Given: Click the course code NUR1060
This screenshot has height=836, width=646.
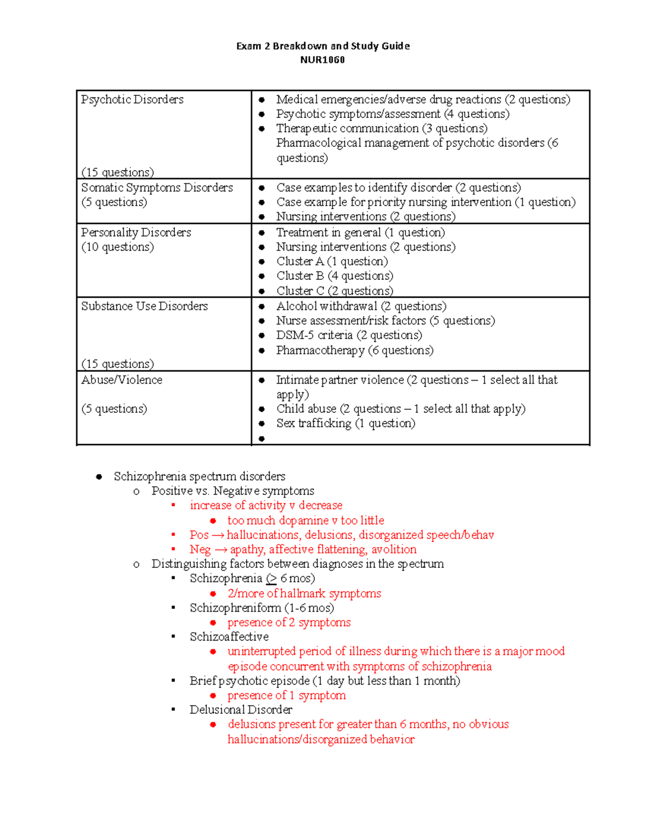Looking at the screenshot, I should [x=322, y=60].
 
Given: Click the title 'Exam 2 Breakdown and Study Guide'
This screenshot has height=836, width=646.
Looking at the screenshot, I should [x=323, y=46].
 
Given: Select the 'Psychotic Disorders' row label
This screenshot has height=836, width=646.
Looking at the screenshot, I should [x=132, y=100].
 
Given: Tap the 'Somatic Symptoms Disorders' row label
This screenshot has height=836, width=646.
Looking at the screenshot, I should [x=157, y=188].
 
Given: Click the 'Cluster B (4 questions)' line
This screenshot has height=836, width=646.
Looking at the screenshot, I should [x=334, y=276].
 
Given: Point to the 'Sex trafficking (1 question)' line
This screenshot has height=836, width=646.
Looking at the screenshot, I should [x=346, y=423].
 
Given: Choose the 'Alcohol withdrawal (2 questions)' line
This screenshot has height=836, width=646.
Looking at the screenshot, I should [x=361, y=306].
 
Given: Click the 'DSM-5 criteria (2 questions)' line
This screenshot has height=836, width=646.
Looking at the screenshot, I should [x=349, y=335].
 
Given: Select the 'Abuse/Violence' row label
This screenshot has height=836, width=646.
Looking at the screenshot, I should [x=122, y=380].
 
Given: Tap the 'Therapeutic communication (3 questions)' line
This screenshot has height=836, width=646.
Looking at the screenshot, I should [x=381, y=129].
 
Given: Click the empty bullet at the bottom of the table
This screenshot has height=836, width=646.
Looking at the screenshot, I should [x=262, y=439].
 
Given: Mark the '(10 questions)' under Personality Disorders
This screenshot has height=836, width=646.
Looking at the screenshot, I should [x=117, y=247].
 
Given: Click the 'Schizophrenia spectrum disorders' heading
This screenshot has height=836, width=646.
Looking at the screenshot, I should [x=199, y=476].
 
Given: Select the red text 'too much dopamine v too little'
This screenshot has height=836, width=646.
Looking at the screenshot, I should [x=305, y=521].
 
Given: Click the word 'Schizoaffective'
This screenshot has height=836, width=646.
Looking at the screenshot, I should [x=229, y=637].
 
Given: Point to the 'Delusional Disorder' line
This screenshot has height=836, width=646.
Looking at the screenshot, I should [x=241, y=709].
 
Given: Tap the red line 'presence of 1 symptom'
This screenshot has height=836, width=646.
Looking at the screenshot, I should [x=286, y=696].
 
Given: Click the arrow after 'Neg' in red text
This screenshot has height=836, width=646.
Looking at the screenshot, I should [x=221, y=550].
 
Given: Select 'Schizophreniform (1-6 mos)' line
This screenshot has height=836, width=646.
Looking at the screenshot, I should [x=262, y=608].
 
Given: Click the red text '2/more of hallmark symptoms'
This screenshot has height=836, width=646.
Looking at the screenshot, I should [x=304, y=593].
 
